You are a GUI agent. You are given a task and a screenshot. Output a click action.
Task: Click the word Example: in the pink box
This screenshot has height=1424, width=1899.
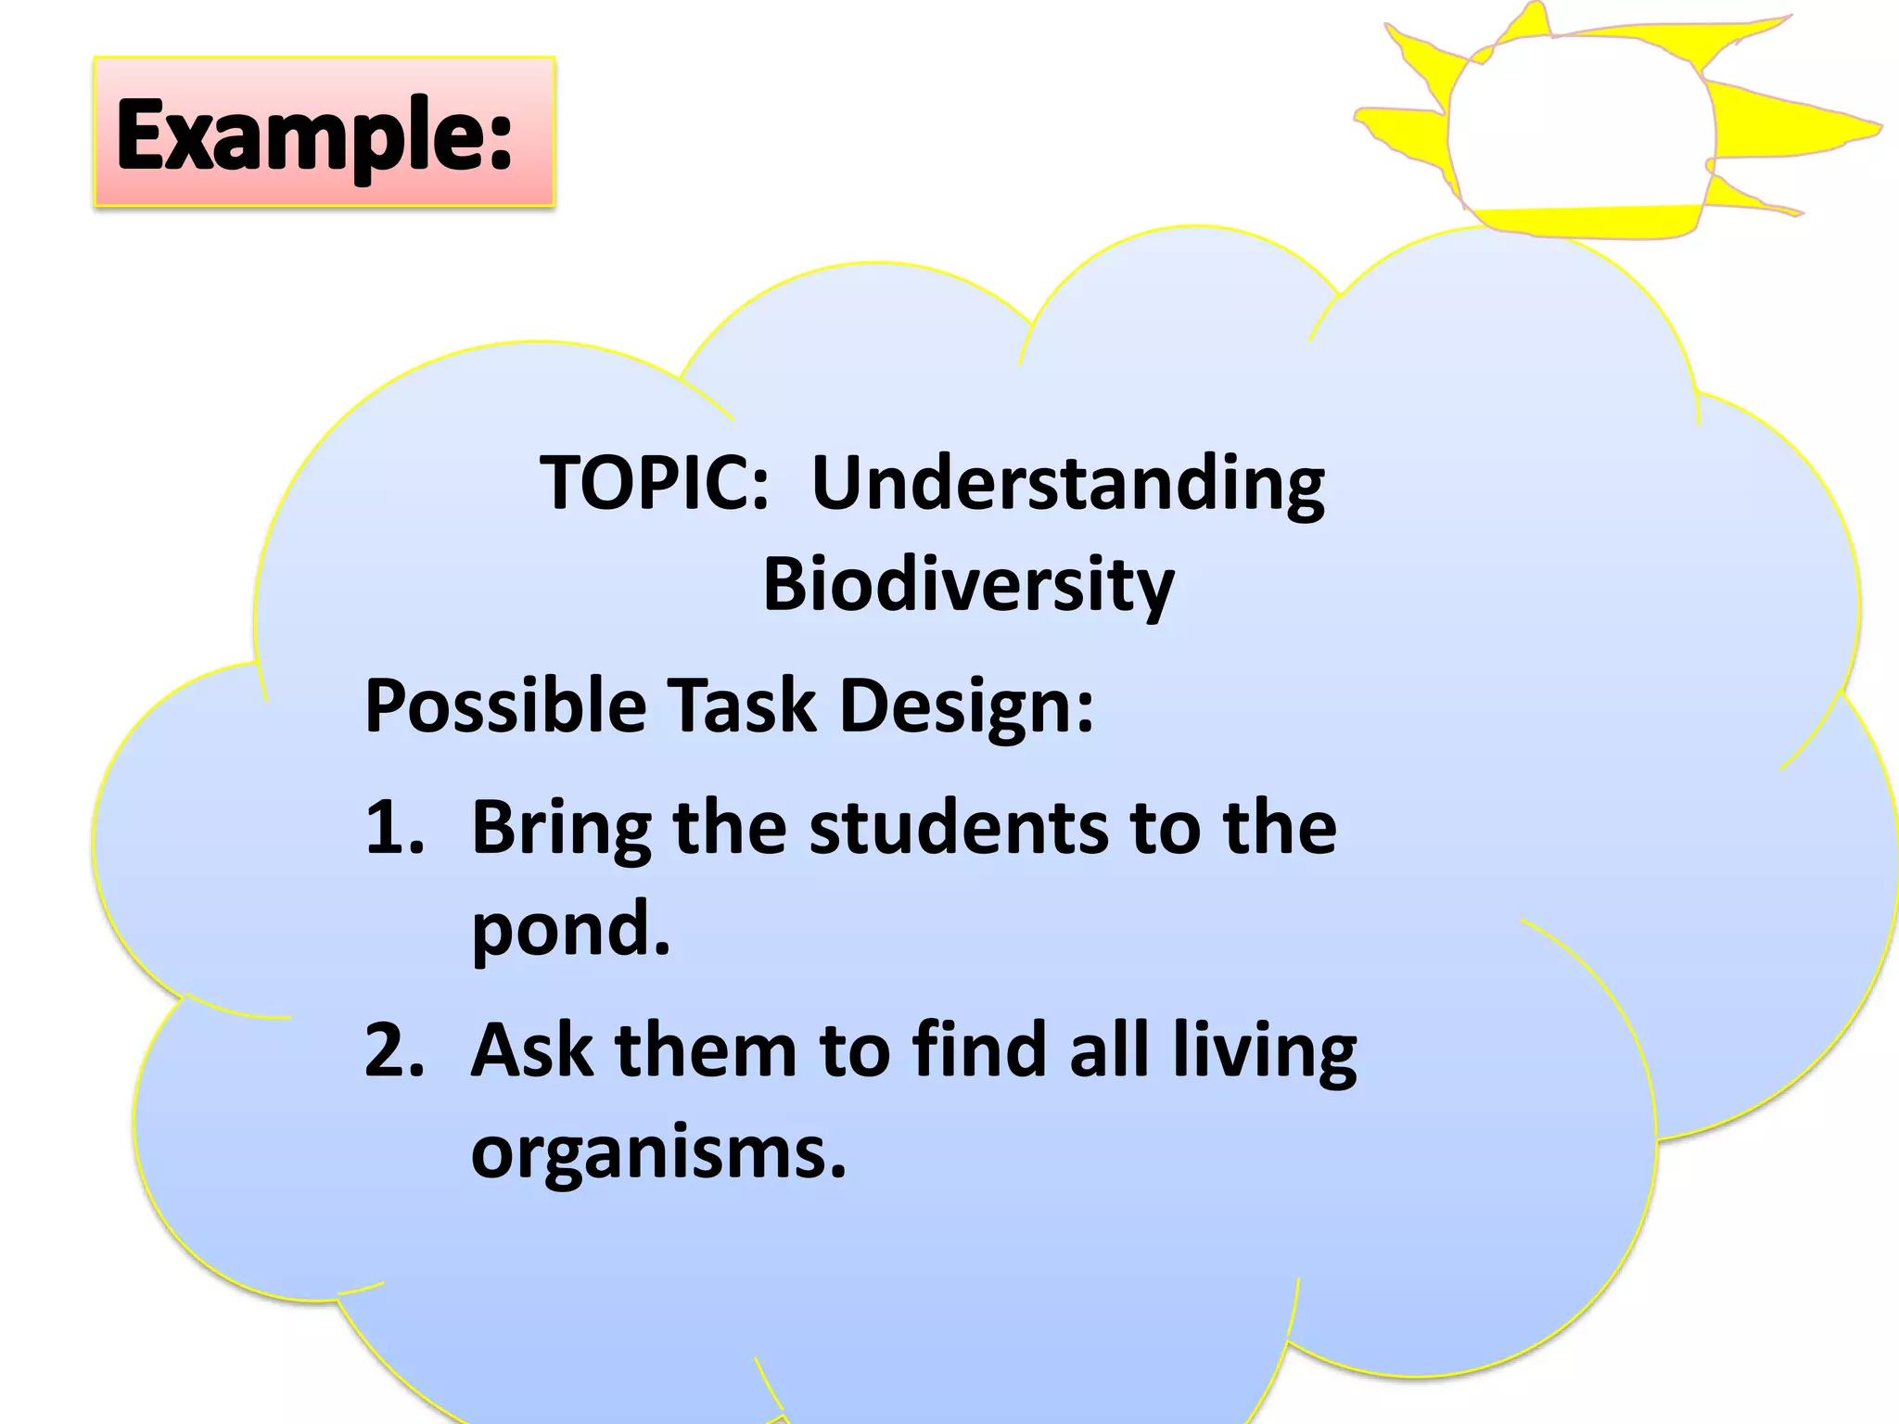pyautogui.click(x=314, y=135)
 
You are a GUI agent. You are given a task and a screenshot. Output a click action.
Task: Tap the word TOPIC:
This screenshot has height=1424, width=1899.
pyautogui.click(x=655, y=483)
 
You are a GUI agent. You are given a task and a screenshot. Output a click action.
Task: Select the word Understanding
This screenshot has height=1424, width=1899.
pyautogui.click(x=1068, y=485)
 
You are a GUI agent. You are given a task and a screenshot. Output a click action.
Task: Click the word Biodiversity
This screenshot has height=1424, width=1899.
pyautogui.click(x=968, y=586)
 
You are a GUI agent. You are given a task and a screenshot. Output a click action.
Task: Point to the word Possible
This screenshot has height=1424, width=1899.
pyautogui.click(x=505, y=706)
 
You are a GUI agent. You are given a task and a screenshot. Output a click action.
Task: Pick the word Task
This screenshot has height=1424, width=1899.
pyautogui.click(x=742, y=706)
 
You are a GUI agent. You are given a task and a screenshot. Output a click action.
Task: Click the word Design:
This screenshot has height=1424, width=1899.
pyautogui.click(x=966, y=707)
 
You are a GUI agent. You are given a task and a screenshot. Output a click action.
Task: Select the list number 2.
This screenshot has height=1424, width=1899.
pyautogui.click(x=395, y=1050)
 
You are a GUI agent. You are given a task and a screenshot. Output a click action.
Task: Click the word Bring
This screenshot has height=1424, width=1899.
pyautogui.click(x=561, y=829)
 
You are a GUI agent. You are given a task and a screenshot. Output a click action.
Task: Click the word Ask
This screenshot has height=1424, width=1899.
pyautogui.click(x=531, y=1050)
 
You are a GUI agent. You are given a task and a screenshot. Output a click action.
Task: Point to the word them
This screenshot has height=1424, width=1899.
pyautogui.click(x=706, y=1050)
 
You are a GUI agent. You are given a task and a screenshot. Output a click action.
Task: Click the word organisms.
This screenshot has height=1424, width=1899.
pyautogui.click(x=658, y=1154)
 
